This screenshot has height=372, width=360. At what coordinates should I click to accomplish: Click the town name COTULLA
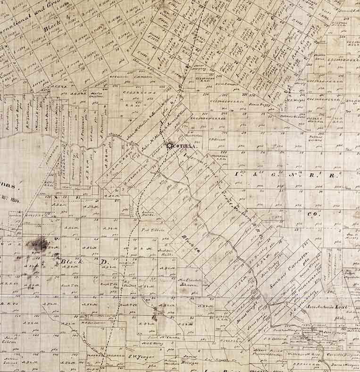click(x=184, y=147)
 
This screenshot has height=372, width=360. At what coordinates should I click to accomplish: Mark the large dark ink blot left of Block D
click(x=37, y=245)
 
